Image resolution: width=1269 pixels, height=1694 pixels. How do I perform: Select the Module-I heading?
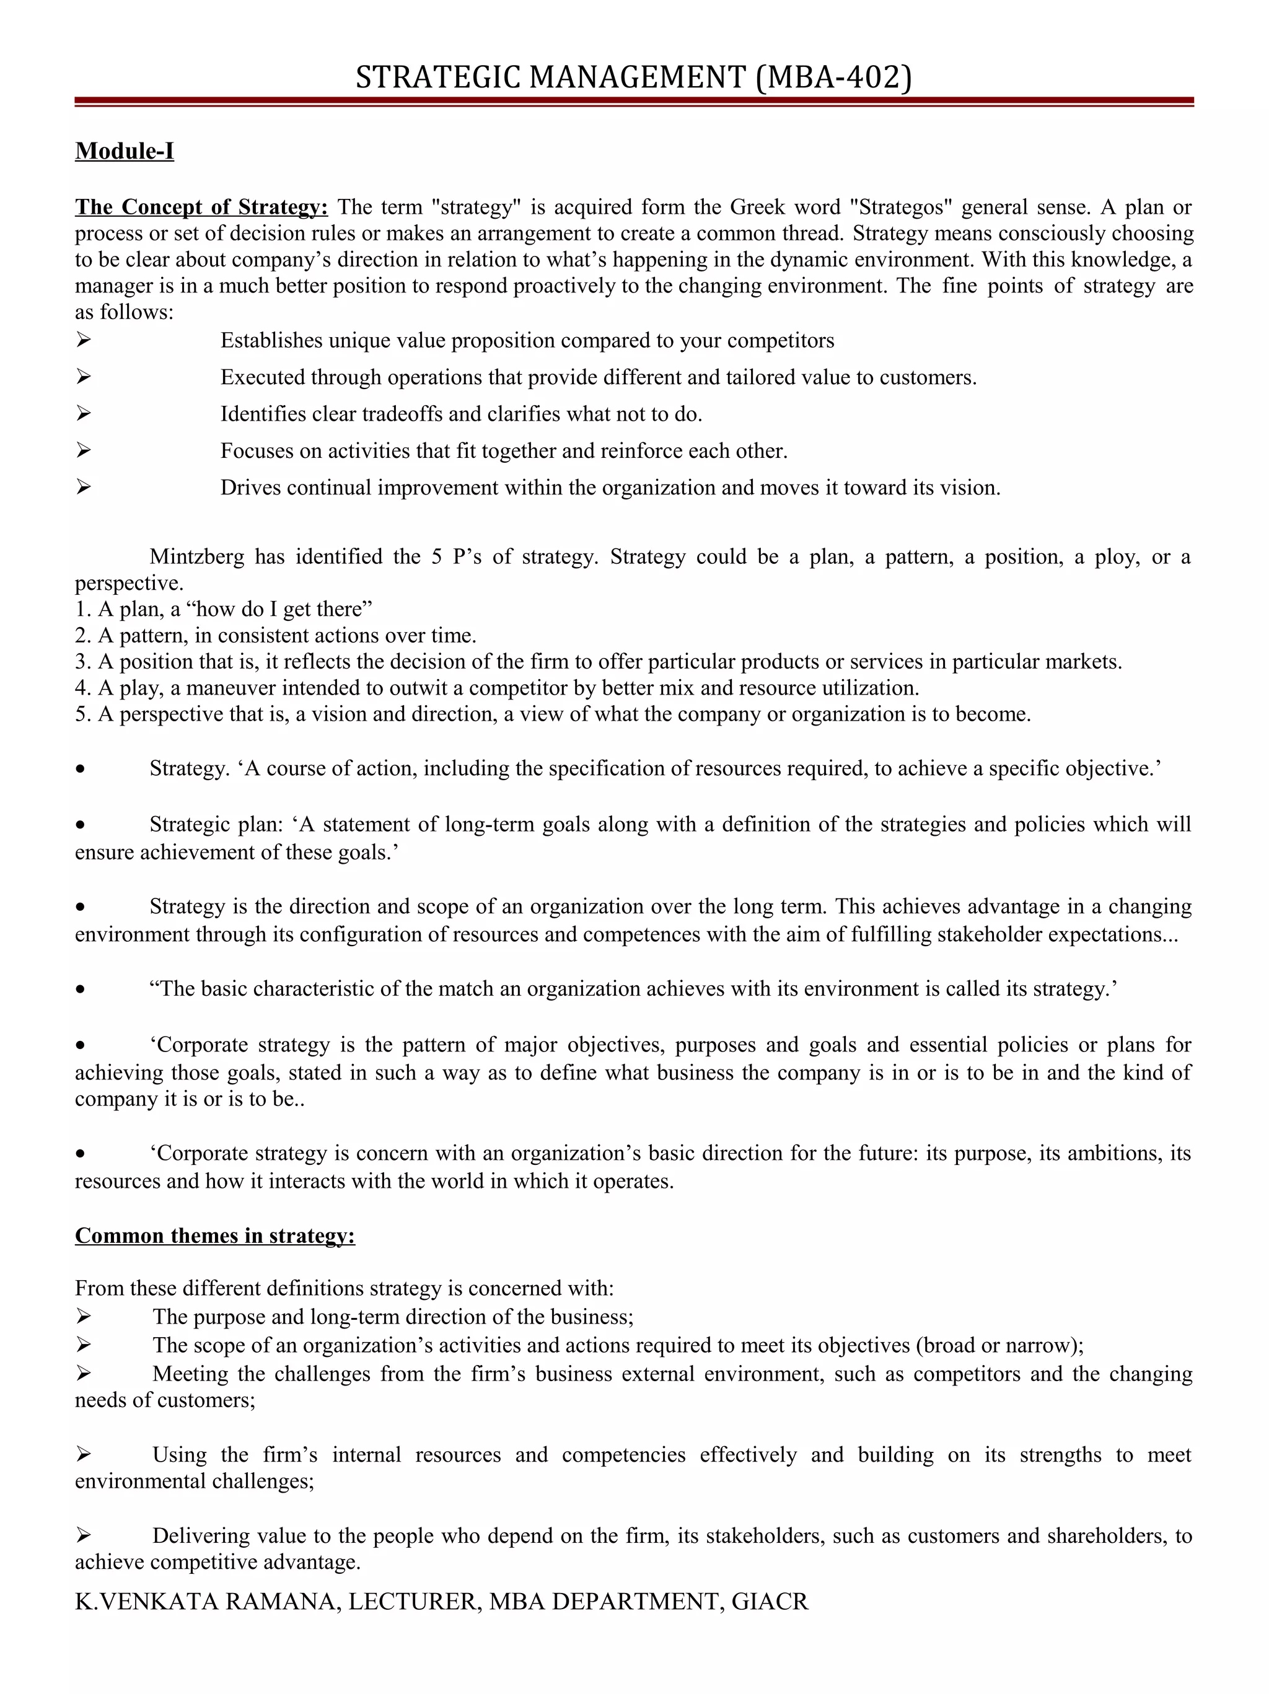tap(124, 151)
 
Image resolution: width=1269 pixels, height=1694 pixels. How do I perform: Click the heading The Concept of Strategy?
tap(201, 207)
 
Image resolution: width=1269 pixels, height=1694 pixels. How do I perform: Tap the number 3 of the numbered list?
tap(81, 661)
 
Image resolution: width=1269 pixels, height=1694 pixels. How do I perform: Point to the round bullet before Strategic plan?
tap(81, 825)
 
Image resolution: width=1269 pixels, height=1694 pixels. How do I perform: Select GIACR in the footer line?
tap(770, 1600)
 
